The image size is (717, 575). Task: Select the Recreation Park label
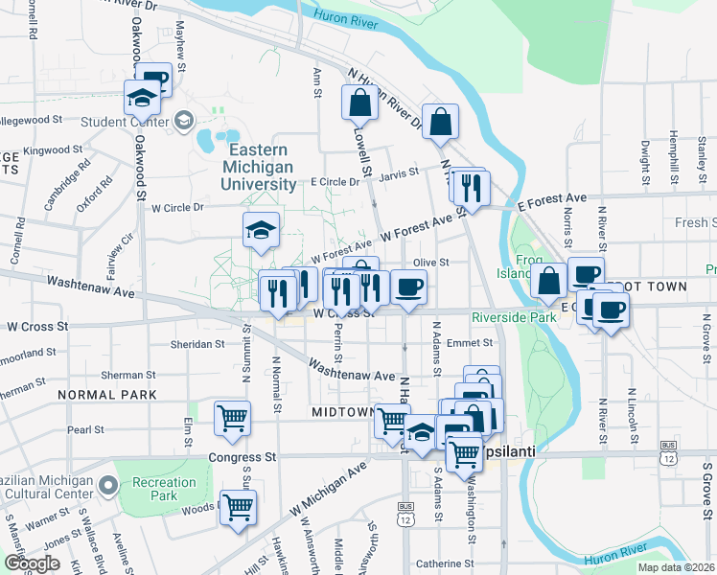tap(155, 488)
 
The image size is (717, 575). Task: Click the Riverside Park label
tap(514, 316)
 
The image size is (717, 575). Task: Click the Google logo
tap(32, 563)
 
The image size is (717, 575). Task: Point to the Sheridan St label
tap(197, 343)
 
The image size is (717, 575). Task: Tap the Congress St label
tap(243, 458)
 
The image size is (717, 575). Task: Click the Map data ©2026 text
tap(674, 567)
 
